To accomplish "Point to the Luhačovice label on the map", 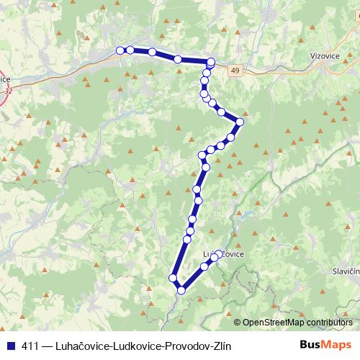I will [x=224, y=255].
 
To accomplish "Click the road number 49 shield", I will [x=235, y=69].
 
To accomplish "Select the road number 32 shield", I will [x=8, y=91].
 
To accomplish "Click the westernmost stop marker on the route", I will [x=120, y=50].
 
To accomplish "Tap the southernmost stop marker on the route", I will [x=181, y=290].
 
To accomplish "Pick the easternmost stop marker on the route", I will [x=240, y=122].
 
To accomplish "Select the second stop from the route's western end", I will [x=130, y=50].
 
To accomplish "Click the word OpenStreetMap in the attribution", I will [x=270, y=323].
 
